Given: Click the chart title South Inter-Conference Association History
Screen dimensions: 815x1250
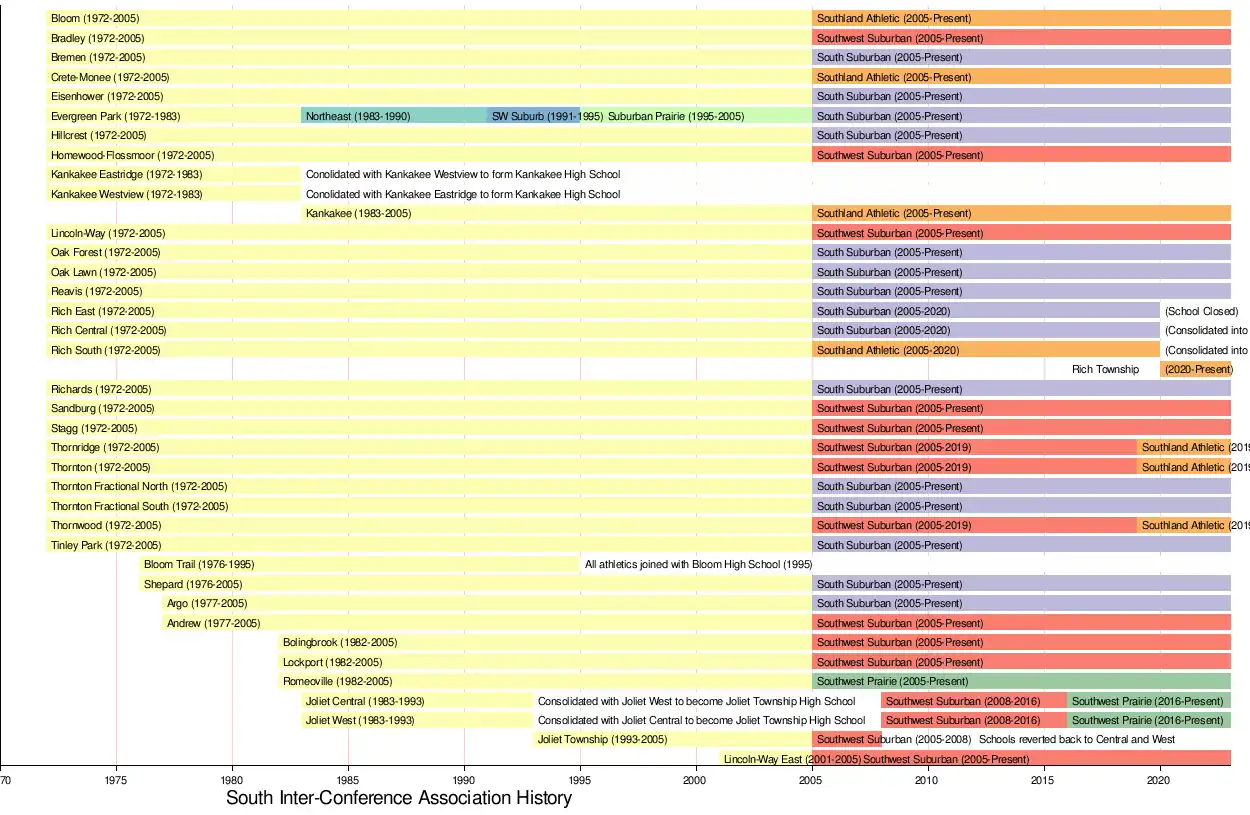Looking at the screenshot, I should point(398,798).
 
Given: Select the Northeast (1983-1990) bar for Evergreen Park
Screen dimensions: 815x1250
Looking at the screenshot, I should point(394,116).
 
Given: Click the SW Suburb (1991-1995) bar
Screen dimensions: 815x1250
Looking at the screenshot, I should point(534,116).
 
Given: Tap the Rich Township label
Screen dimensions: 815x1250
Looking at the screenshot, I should point(1105,370).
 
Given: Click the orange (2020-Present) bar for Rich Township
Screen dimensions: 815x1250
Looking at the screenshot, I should point(1196,370).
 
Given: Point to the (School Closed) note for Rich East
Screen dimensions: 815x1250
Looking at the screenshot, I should point(1201,311).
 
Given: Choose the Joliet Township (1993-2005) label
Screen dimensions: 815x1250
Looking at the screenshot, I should point(602,740).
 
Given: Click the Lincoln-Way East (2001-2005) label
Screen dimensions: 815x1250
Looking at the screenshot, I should point(792,760).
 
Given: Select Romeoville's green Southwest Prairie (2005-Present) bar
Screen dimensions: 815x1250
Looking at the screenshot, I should point(1021,682).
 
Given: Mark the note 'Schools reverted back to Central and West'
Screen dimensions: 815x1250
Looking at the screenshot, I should point(1077,740).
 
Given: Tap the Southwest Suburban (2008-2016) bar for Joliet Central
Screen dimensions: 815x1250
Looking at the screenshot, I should point(974,701).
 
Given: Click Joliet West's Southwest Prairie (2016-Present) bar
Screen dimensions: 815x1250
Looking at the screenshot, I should point(1149,721).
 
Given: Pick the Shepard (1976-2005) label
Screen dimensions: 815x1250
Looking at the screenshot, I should point(193,585).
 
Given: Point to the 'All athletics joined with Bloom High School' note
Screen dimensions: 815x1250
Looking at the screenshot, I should point(698,565).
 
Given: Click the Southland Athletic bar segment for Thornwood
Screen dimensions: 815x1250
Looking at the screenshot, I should point(1184,526).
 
